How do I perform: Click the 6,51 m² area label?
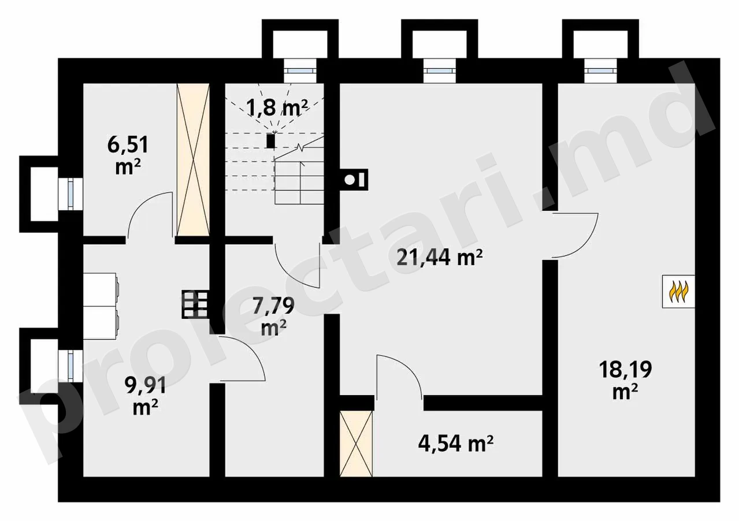[128, 155]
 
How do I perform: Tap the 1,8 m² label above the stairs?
[277, 107]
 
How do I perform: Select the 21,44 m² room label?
[440, 257]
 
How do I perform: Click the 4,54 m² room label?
[456, 444]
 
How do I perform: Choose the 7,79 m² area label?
[273, 316]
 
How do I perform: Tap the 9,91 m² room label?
[145, 396]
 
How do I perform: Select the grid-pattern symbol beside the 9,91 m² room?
[195, 304]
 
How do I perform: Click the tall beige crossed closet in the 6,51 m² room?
[194, 159]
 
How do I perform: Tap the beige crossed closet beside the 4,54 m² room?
[356, 444]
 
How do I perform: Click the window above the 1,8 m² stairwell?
[300, 71]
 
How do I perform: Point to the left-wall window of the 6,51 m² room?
[71, 193]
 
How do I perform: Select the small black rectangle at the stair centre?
[270, 141]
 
